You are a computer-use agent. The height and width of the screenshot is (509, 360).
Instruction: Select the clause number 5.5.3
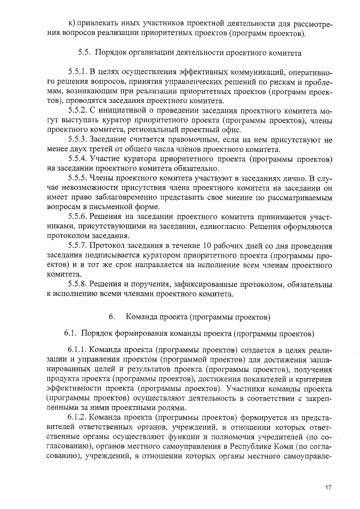coord(78,139)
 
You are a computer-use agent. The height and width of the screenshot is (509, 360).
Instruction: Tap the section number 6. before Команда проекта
coord(112,316)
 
